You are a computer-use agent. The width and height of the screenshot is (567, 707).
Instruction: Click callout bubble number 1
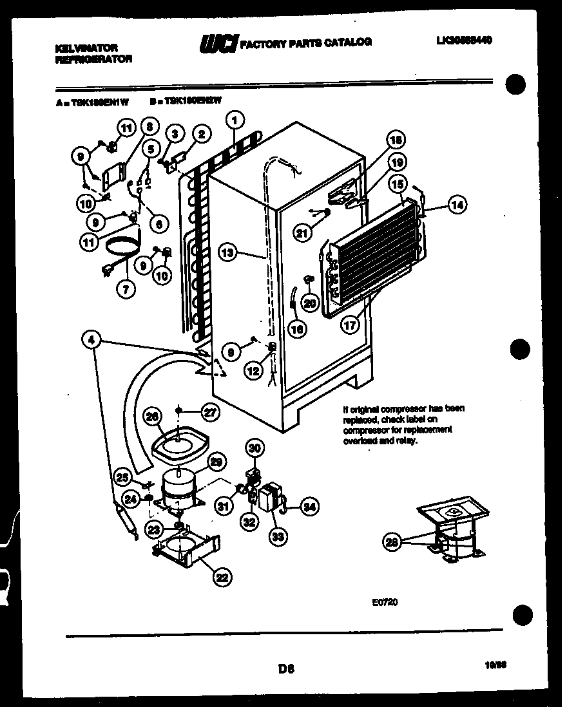point(236,119)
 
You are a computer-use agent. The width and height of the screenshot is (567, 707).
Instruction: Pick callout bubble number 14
point(457,205)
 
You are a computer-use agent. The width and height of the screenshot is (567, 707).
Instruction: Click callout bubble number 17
point(350,325)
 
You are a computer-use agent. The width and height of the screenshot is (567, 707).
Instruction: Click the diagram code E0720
point(385,603)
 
